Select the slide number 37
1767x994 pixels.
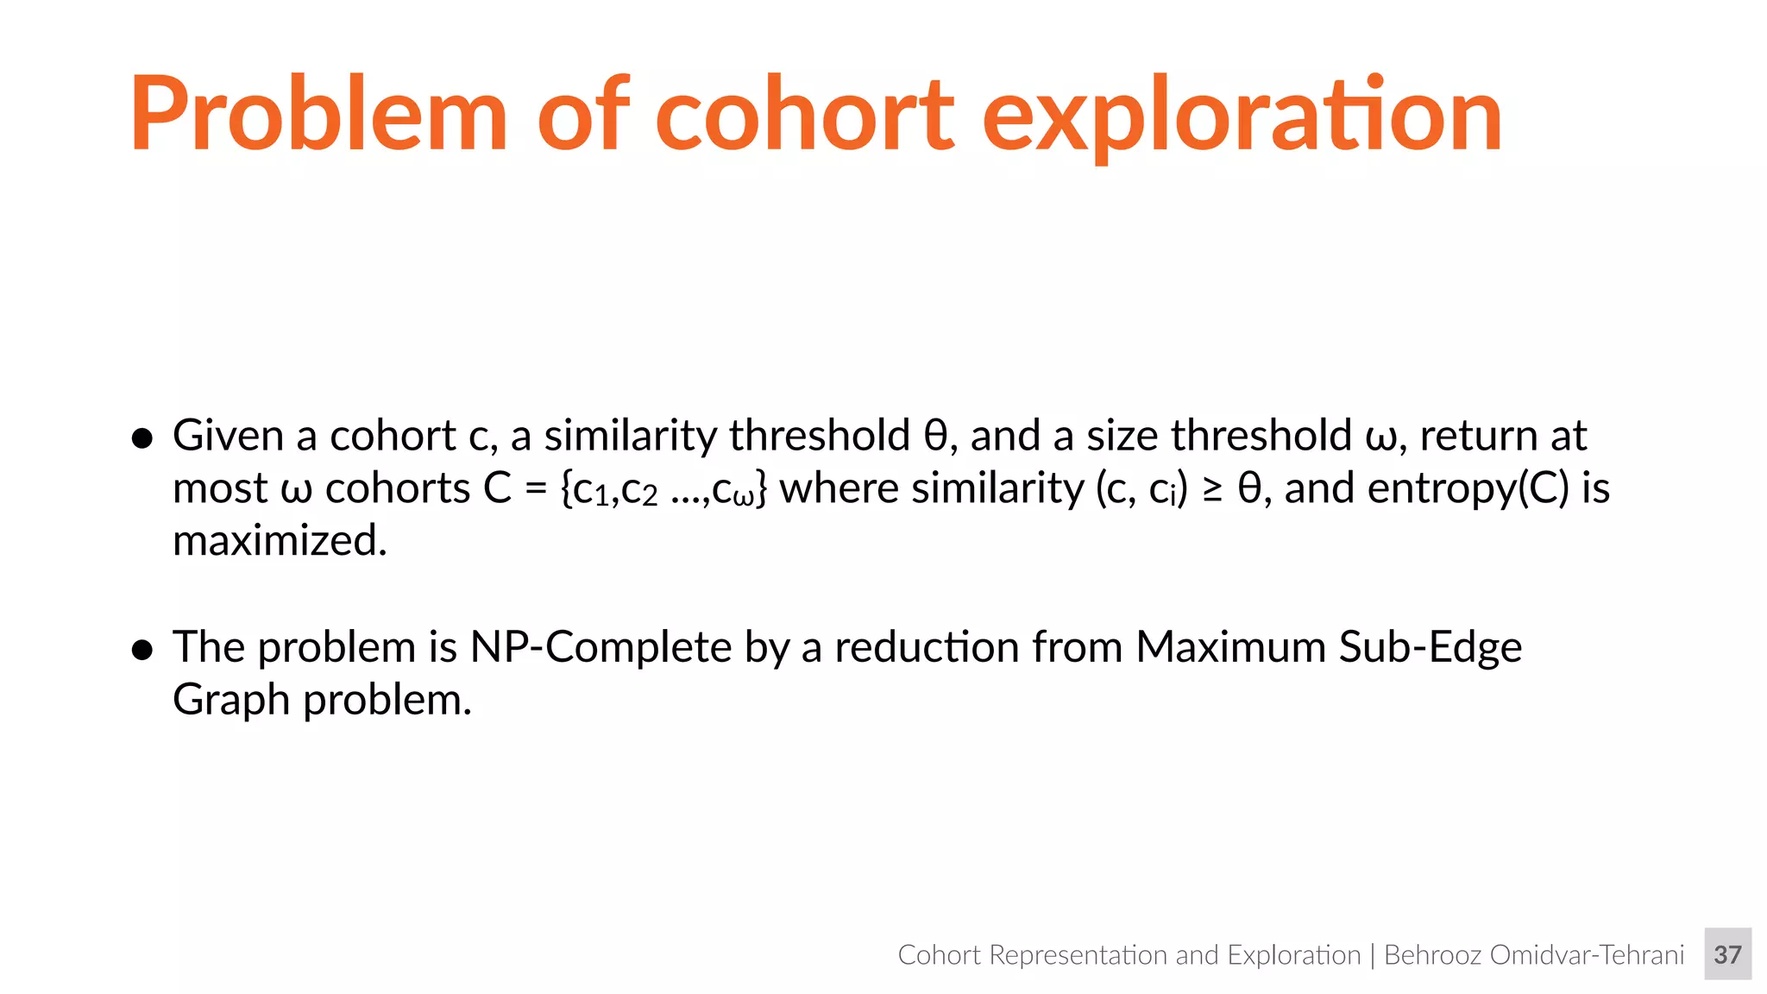[x=1727, y=954]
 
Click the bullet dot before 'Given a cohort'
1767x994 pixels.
[x=142, y=438]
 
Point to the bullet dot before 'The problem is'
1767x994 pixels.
[x=142, y=650]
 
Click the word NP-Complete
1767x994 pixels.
[x=601, y=647]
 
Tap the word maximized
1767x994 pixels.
[x=280, y=541]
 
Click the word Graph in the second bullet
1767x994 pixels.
[x=230, y=700]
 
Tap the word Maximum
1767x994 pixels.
[x=1230, y=647]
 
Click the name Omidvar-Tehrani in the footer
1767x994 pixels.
[x=1587, y=955]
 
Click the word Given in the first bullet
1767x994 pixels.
[x=228, y=436]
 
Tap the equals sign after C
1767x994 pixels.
[x=536, y=489]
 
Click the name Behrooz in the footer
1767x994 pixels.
[x=1431, y=955]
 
